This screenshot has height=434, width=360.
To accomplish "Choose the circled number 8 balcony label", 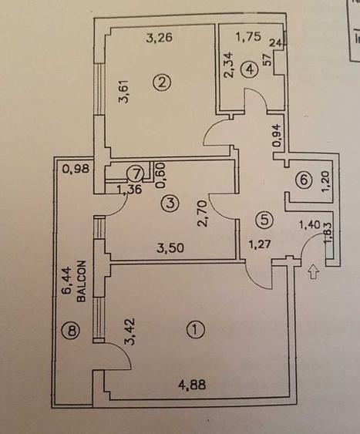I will point(72,331).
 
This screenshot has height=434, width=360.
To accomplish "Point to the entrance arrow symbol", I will point(313,271).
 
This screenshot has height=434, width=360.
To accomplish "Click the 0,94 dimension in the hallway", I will point(277,136).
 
